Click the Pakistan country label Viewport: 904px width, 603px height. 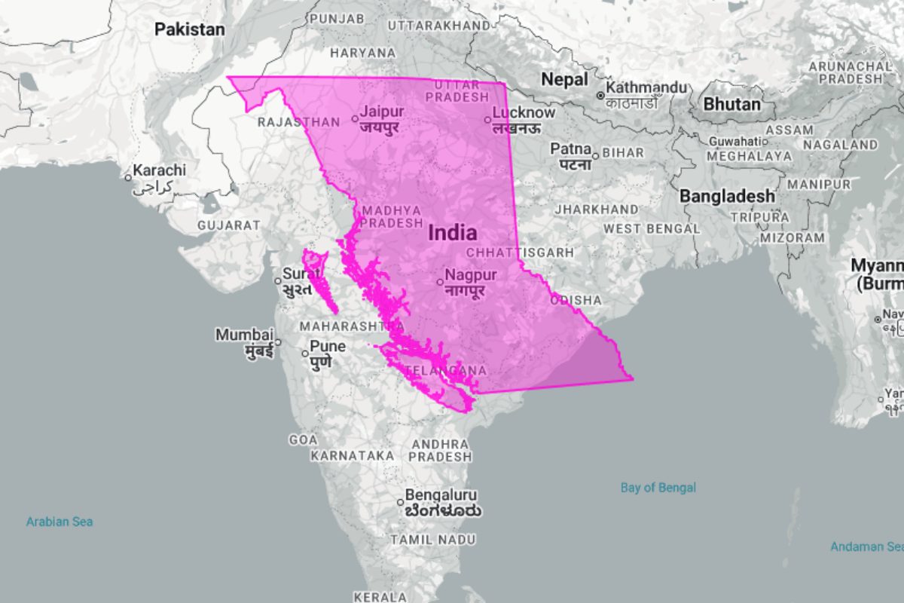(190, 29)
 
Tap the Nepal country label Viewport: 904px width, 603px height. (564, 78)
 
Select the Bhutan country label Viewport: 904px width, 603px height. (731, 104)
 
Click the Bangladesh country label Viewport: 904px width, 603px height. (727, 196)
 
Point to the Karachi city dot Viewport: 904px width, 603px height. (128, 178)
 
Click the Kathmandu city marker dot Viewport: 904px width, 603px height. (600, 96)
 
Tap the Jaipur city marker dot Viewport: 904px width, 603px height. (356, 118)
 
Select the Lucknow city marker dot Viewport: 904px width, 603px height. (487, 119)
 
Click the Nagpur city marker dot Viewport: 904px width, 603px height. (440, 283)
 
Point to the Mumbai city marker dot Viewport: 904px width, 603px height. (277, 342)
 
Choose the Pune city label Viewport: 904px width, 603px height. (328, 347)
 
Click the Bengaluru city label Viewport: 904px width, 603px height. (441, 495)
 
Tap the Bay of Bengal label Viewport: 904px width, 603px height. (658, 488)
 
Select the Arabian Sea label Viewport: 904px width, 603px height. (60, 522)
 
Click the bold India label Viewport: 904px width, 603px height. (452, 233)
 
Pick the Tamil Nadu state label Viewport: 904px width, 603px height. (432, 540)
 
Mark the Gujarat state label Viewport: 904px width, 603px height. (228, 225)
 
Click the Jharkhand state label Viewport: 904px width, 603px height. (596, 209)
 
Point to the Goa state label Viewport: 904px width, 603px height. (304, 439)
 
